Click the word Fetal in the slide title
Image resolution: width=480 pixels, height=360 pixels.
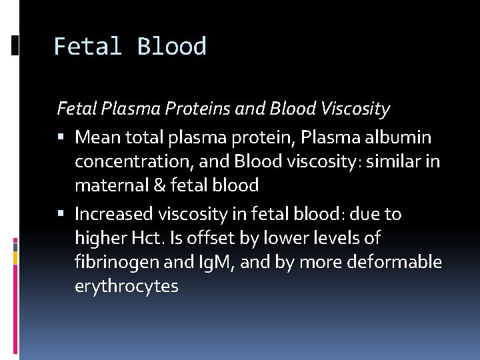tap(87, 47)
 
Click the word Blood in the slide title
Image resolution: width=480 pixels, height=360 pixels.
tap(172, 47)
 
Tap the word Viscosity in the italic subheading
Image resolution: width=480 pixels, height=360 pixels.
tap(356, 107)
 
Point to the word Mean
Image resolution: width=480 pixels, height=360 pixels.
tap(97, 138)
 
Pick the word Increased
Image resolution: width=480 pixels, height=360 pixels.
tap(113, 214)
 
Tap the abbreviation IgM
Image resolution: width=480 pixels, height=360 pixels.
tap(211, 263)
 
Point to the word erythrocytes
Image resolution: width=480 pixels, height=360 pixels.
tap(127, 287)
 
